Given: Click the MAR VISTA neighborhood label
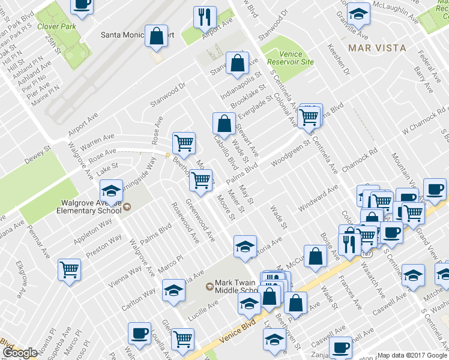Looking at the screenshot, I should click(x=378, y=47).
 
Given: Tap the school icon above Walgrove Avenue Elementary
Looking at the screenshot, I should click(x=111, y=191).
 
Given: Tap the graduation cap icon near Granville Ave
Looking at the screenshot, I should click(x=358, y=13).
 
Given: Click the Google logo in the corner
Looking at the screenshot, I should click(x=19, y=353).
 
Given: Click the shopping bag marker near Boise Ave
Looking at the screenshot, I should click(x=315, y=257).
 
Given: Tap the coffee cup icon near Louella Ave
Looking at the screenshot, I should click(x=140, y=332).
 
